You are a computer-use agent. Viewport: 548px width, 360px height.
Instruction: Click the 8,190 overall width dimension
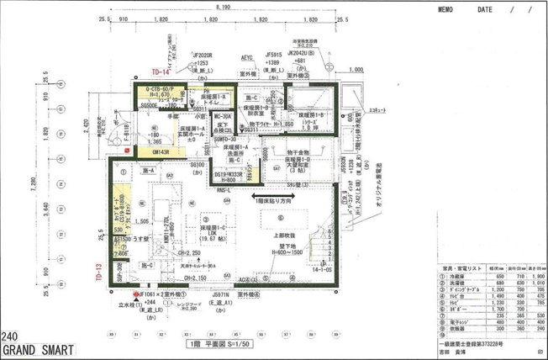tap(222, 7)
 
